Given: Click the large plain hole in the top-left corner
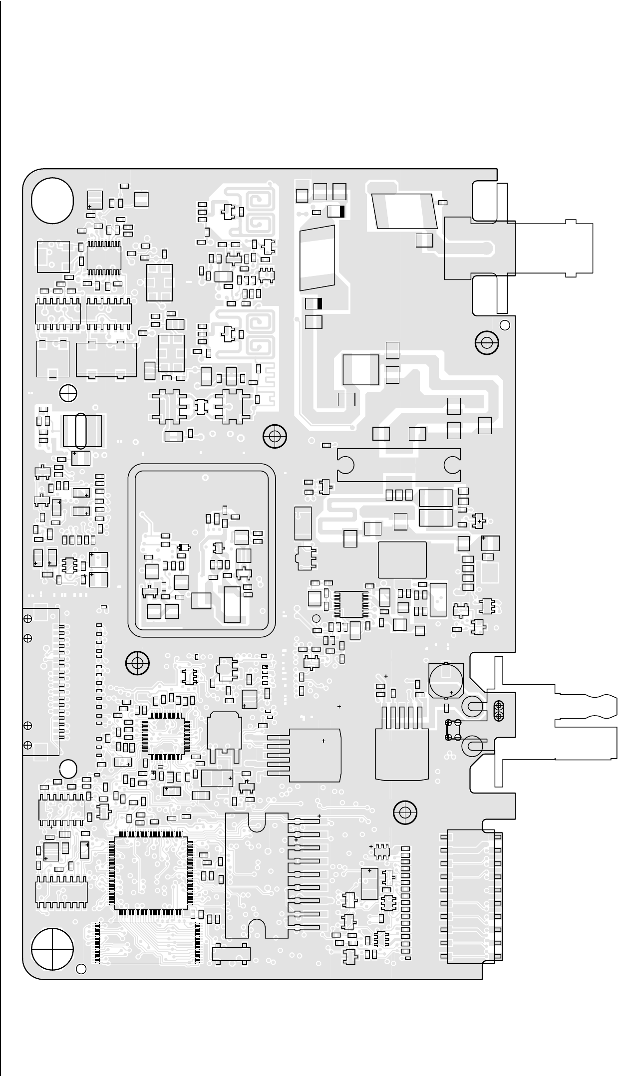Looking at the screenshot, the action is [x=52, y=201].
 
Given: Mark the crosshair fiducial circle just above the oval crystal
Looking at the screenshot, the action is [x=68, y=393].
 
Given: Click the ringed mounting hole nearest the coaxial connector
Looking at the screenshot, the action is [x=486, y=343].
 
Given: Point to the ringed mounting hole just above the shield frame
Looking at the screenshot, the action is [x=275, y=436].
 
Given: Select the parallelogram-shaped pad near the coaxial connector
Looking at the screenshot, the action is [x=404, y=212].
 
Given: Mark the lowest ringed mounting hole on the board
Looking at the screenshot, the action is [x=405, y=813].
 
